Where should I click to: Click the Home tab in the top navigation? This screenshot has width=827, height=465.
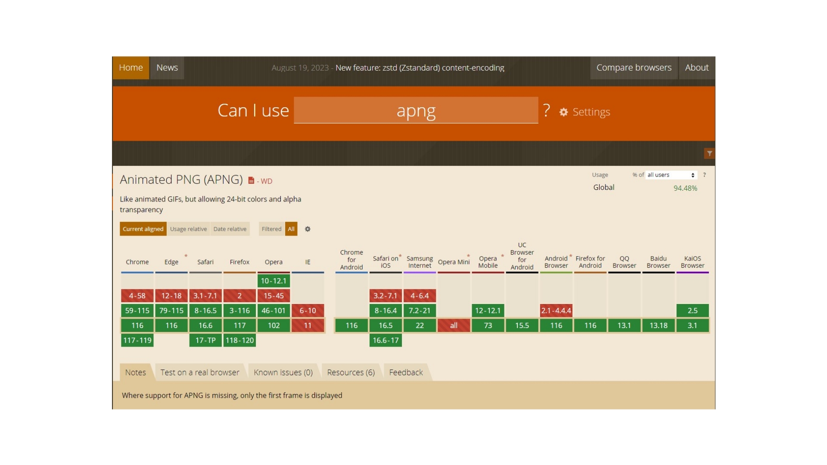[131, 68]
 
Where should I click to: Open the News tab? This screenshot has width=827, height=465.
[167, 68]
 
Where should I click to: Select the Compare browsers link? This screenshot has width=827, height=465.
[634, 68]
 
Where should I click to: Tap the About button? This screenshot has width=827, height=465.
[696, 68]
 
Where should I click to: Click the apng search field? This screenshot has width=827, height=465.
[416, 111]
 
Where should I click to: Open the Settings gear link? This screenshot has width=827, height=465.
[584, 112]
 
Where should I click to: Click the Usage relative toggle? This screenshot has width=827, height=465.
[188, 229]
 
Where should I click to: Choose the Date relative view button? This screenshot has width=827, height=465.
[230, 229]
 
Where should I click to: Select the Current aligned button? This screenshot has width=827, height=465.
[143, 229]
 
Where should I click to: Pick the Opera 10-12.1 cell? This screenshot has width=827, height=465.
[274, 281]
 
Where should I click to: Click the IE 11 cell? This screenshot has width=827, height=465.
[308, 325]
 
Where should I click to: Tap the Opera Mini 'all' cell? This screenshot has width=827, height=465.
[454, 325]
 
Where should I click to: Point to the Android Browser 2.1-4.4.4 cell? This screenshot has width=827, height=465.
[556, 310]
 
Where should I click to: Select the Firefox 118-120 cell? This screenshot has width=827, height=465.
[239, 340]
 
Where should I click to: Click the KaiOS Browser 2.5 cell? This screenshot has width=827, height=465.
[692, 310]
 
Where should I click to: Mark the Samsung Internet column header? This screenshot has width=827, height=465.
[420, 262]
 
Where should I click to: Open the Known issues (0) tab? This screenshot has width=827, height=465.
[283, 372]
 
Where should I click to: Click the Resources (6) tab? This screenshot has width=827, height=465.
[351, 372]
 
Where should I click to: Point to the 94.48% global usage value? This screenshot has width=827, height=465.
[685, 188]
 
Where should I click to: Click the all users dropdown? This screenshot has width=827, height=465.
[671, 175]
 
